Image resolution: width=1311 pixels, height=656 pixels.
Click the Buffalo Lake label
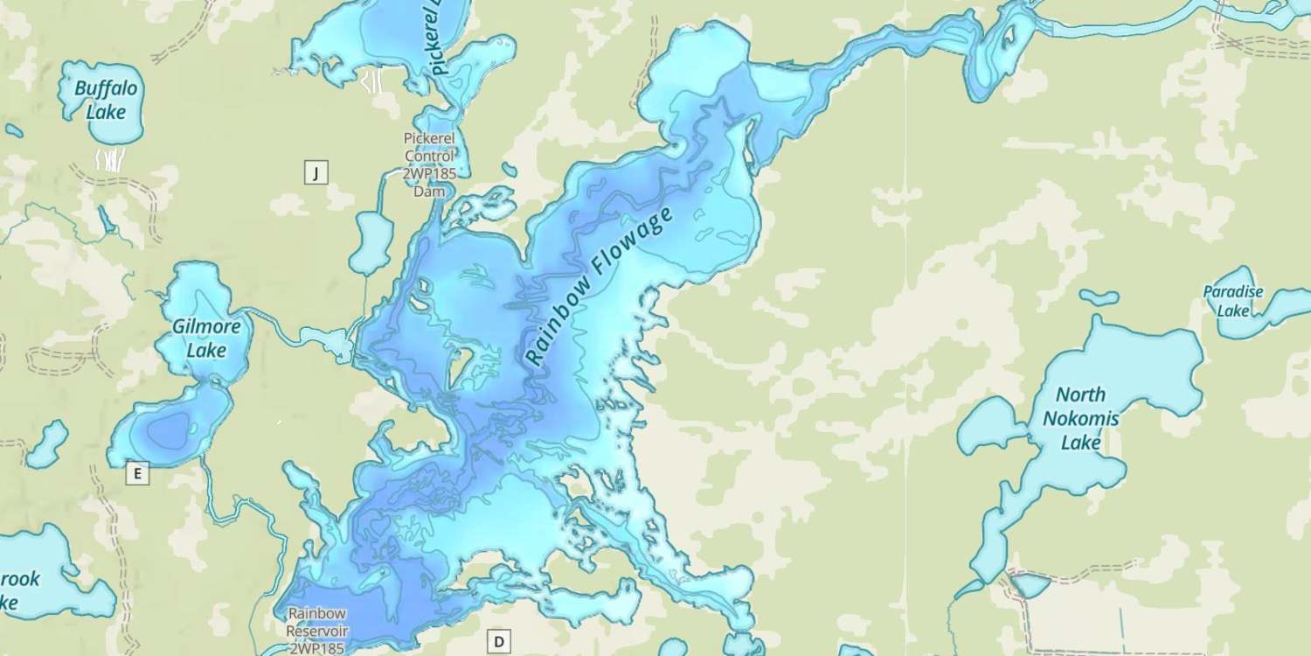point(105,100)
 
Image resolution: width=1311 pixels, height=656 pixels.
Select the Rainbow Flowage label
point(600,286)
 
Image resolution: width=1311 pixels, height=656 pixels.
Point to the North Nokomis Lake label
point(1080,419)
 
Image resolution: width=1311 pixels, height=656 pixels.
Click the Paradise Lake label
point(1233,301)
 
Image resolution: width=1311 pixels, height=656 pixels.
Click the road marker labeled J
point(316,172)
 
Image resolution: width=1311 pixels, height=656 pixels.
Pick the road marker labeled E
point(136,474)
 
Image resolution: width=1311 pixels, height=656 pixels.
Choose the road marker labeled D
point(499,642)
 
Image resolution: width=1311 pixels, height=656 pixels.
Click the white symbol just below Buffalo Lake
point(109,160)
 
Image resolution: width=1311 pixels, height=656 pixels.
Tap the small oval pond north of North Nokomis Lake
point(1098,297)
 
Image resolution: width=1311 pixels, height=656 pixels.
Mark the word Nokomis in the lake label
point(1080,419)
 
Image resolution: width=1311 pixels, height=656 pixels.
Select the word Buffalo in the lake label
point(106,88)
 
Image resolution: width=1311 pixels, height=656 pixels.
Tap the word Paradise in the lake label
point(1233,292)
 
